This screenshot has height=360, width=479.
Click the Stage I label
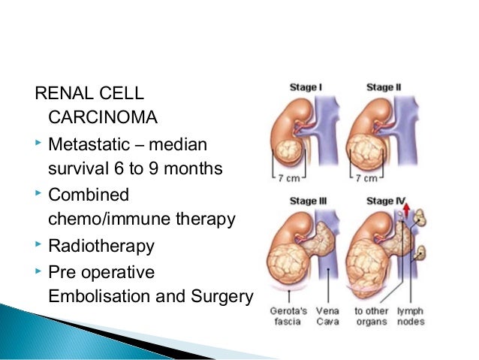pyautogui.click(x=306, y=87)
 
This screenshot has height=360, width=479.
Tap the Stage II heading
pyautogui.click(x=384, y=87)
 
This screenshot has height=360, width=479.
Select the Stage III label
pyautogui.click(x=307, y=201)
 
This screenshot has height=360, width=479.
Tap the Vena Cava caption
pyautogui.click(x=327, y=316)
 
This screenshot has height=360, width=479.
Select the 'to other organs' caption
pyautogui.click(x=372, y=316)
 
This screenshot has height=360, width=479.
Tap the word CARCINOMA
pyautogui.click(x=93, y=117)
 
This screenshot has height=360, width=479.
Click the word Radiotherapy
pyautogui.click(x=101, y=246)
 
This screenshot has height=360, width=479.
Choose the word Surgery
pyautogui.click(x=221, y=296)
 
